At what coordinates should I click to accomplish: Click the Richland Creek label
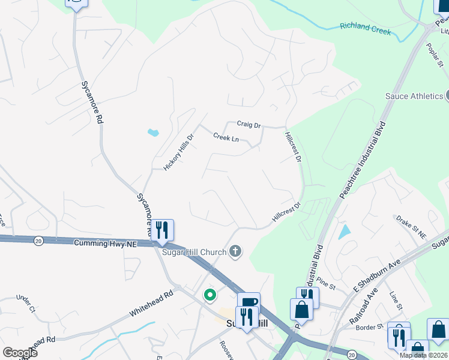(365, 28)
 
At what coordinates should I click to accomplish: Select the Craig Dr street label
(249, 125)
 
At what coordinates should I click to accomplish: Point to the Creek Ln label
(226, 138)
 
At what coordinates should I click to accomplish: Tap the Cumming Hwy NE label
(105, 244)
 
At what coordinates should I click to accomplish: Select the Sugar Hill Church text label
(194, 252)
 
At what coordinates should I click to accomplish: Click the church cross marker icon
(236, 252)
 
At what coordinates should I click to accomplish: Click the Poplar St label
(434, 57)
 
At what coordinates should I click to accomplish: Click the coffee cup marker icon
(248, 302)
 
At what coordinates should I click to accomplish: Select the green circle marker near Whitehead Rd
(210, 295)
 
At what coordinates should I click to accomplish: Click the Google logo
(20, 353)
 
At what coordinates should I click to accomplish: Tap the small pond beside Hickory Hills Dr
(152, 131)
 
